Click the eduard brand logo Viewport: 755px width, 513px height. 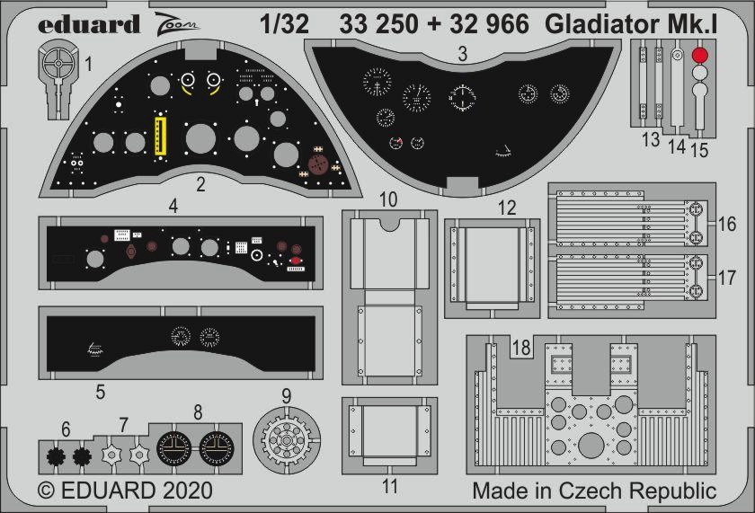click(x=89, y=24)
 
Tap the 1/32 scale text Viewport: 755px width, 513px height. click(x=284, y=24)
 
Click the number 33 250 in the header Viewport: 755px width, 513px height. click(x=378, y=24)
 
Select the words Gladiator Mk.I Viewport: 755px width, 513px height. click(x=631, y=24)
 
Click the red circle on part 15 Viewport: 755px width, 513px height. click(x=699, y=55)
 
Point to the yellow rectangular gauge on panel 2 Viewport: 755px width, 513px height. click(x=160, y=137)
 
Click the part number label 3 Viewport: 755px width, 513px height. click(x=462, y=53)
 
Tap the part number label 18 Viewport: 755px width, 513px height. click(x=521, y=348)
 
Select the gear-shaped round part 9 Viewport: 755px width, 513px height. click(x=287, y=440)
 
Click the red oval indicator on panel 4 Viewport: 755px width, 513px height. click(x=295, y=261)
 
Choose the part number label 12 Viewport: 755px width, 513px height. click(x=507, y=208)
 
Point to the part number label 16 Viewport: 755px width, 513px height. click(x=727, y=225)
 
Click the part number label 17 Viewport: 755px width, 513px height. click(x=727, y=278)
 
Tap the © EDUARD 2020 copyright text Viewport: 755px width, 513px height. click(x=125, y=491)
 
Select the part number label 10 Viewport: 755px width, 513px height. click(x=388, y=199)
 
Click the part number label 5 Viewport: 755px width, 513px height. click(x=100, y=392)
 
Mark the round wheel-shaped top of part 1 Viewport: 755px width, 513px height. click(x=58, y=63)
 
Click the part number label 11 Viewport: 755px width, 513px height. click(x=390, y=486)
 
